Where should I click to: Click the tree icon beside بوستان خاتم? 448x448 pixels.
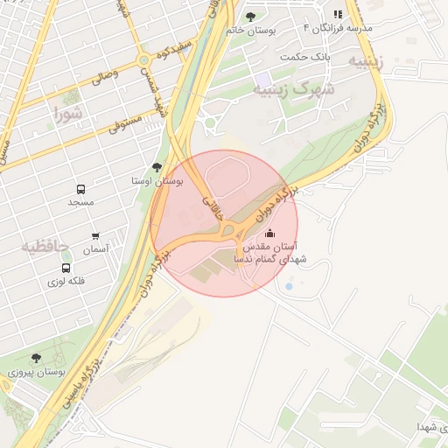251,16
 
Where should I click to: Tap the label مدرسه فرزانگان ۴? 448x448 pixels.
338,28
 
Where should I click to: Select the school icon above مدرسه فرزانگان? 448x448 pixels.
339,14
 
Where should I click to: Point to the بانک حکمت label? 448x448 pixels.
305,57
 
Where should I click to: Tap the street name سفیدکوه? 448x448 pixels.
172,52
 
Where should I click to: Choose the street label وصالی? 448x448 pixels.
104,76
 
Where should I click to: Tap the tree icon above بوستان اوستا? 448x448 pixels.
157,166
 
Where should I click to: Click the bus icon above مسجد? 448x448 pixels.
80,189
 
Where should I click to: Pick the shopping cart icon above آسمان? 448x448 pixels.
95,236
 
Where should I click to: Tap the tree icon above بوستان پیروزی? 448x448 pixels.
36,358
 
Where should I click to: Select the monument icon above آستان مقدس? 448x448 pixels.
269,233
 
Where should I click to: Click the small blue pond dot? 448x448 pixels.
289,286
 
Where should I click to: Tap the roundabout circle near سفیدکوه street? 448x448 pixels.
143,60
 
